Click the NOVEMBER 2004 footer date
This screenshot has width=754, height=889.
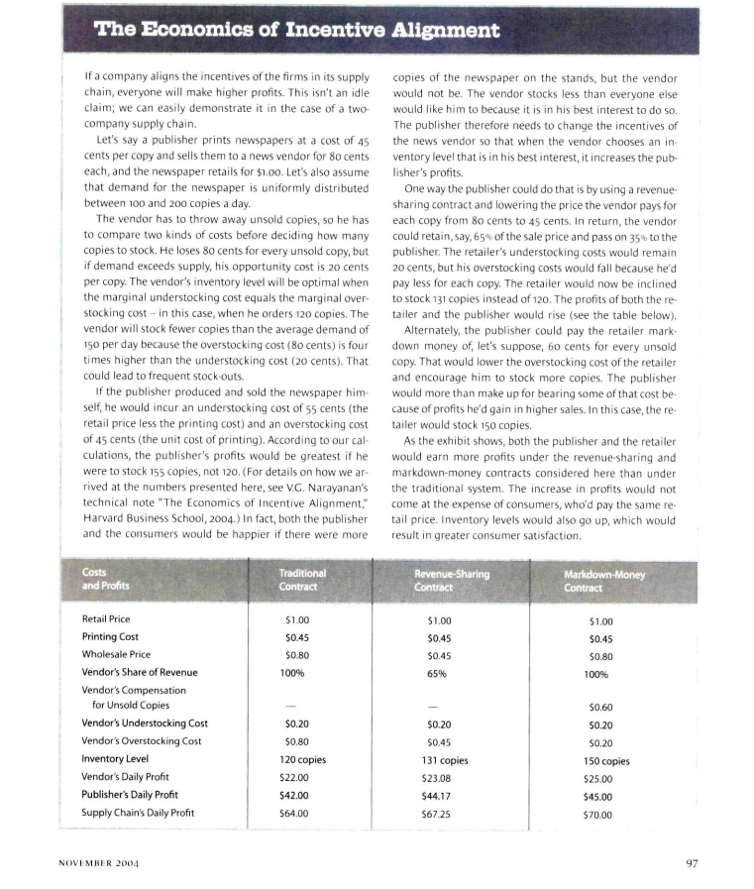(96, 863)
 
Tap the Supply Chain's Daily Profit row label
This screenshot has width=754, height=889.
(138, 813)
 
